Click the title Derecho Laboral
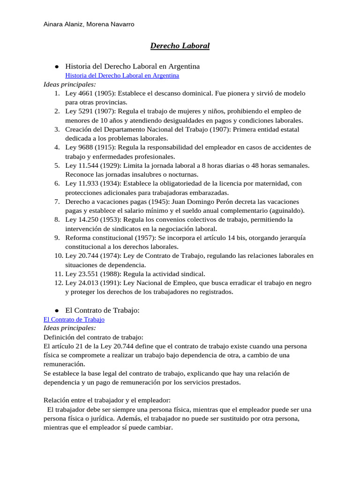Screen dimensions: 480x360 coord(180,46)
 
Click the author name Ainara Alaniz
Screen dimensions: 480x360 coord(62,24)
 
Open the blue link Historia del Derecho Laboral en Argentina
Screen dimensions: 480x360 coord(122,75)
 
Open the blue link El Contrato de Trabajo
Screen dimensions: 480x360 coord(74,319)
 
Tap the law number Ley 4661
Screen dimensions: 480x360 coord(76,93)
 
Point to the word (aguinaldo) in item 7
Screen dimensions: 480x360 coord(287,210)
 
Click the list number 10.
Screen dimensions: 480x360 coord(58,255)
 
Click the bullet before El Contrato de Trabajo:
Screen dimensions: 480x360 coord(56,310)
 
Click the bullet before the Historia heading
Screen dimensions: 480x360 coord(56,67)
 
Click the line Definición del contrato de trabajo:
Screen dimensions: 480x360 coord(93,337)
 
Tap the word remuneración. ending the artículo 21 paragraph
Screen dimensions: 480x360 coord(65,364)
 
